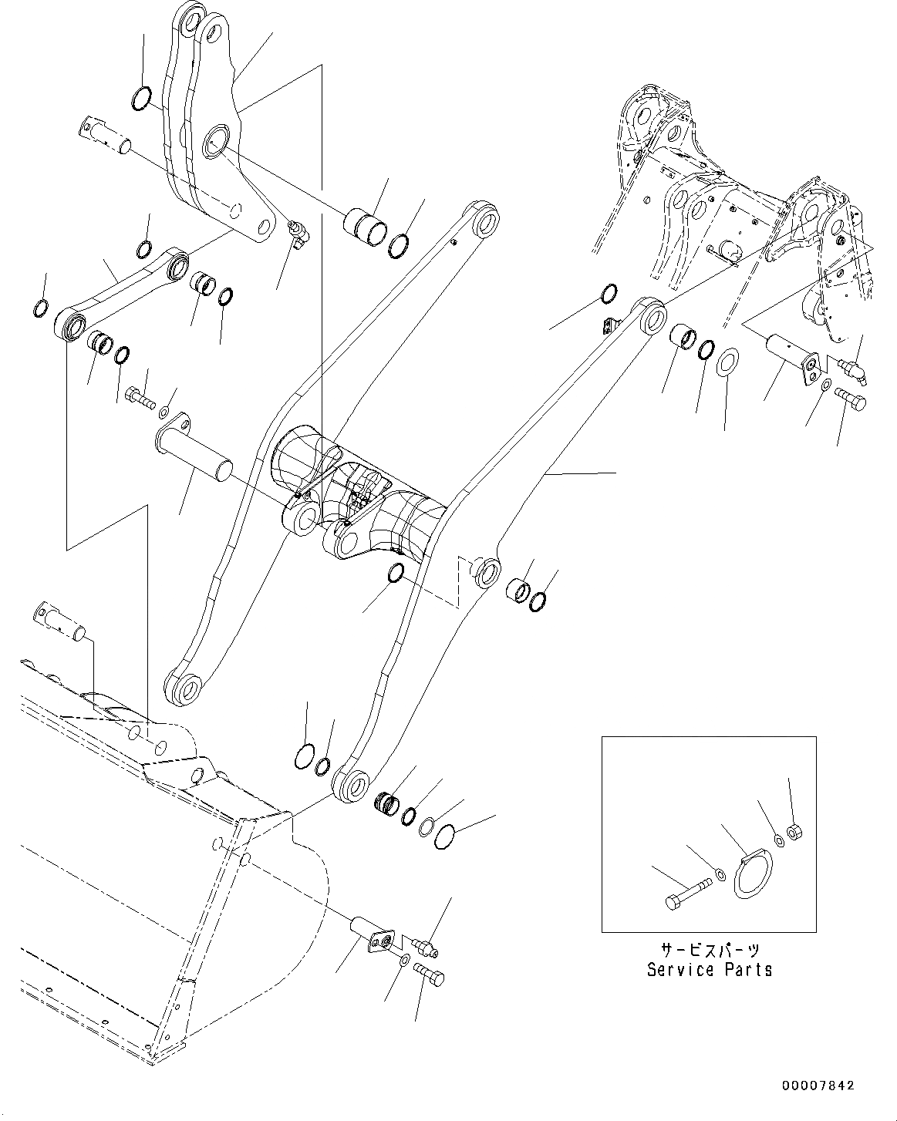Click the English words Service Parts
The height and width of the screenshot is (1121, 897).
(709, 970)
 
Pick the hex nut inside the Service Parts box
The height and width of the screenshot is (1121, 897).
(795, 832)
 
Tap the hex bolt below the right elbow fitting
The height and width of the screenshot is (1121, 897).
(849, 399)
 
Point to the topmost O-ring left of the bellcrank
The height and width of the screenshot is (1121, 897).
(141, 99)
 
